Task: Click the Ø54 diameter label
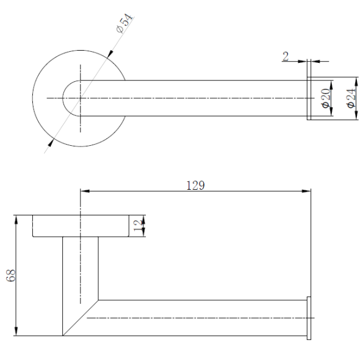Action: (124, 24)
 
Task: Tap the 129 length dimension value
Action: (196, 185)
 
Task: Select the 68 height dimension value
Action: (11, 276)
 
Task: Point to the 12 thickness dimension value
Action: (138, 226)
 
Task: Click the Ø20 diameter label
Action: (326, 98)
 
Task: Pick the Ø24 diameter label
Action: (351, 98)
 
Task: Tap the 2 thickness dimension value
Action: (286, 56)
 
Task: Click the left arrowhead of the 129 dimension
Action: (85, 191)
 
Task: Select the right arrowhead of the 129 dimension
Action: (306, 191)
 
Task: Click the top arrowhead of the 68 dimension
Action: (16, 220)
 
